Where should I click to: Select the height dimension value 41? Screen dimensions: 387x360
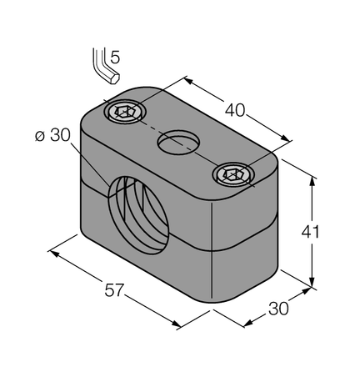pos(332,231)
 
